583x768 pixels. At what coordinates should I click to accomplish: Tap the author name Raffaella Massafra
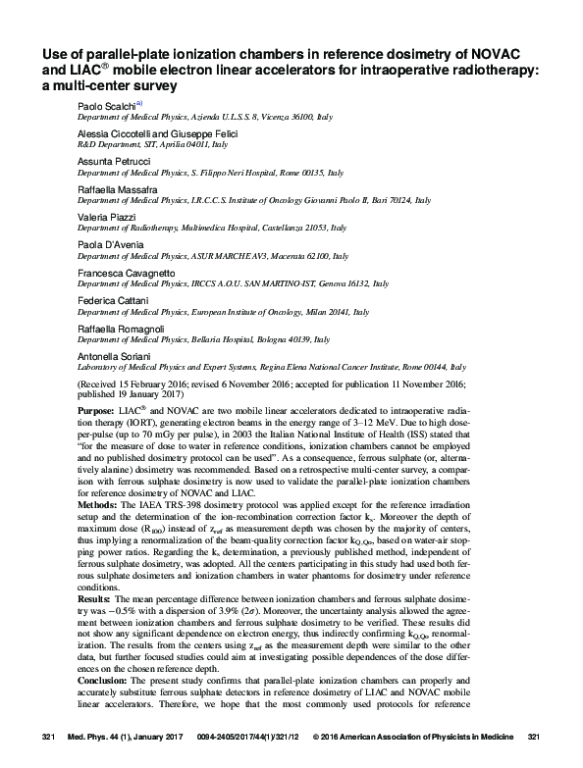[x=117, y=186]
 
